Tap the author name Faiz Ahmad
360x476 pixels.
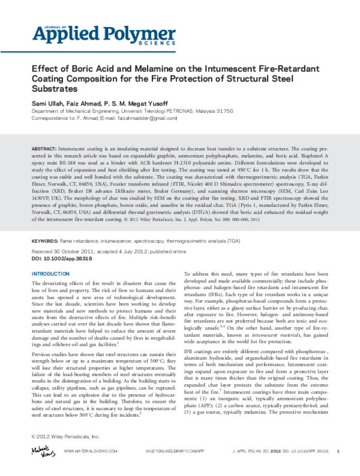point(86,103)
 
